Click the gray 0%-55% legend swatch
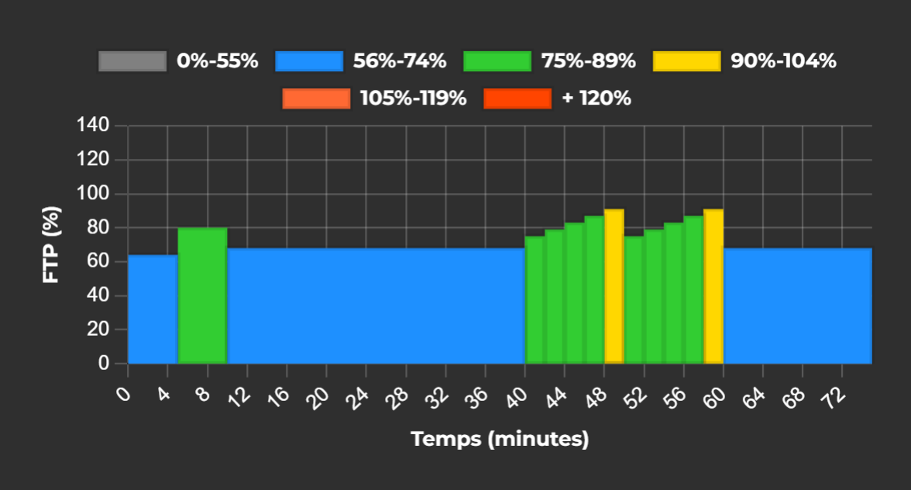pyautogui.click(x=132, y=61)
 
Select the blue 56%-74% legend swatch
pyautogui.click(x=308, y=61)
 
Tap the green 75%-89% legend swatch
pyautogui.click(x=497, y=61)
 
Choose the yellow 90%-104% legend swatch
pyautogui.click(x=686, y=61)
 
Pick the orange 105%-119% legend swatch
pyautogui.click(x=316, y=98)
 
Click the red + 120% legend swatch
pyautogui.click(x=517, y=98)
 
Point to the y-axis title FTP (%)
pyautogui.click(x=51, y=243)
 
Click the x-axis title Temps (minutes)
pyautogui.click(x=500, y=440)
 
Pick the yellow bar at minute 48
pyautogui.click(x=614, y=286)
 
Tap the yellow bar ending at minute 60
pyautogui.click(x=713, y=286)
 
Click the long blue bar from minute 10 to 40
pyautogui.click(x=376, y=305)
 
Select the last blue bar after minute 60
pyautogui.click(x=797, y=305)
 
